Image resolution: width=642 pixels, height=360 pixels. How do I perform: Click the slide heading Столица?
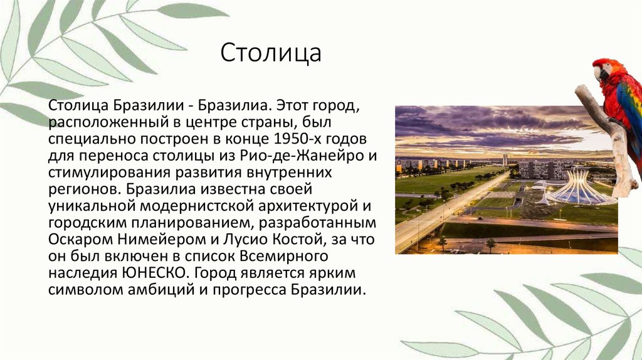[270, 53]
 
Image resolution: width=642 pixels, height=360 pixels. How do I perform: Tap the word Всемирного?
[285, 257]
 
